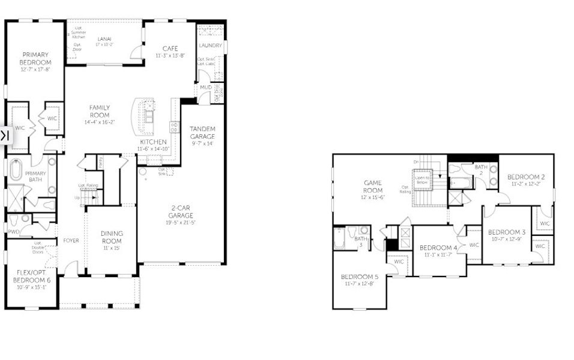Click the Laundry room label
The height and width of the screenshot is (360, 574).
[x=211, y=46]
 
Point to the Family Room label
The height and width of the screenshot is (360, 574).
[x=100, y=111]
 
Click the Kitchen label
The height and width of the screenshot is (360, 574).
[x=153, y=142]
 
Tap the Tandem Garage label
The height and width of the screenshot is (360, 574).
[x=202, y=133]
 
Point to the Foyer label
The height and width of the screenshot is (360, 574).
[x=71, y=241]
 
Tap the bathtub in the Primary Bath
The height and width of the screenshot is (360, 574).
[x=16, y=170]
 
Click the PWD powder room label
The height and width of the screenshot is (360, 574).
[x=13, y=231]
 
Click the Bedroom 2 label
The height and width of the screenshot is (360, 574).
[x=526, y=177]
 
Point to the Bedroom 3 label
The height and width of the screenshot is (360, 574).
[x=506, y=232]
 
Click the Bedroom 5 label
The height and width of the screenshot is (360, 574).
[x=360, y=277]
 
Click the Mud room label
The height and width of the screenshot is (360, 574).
[x=205, y=88]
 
